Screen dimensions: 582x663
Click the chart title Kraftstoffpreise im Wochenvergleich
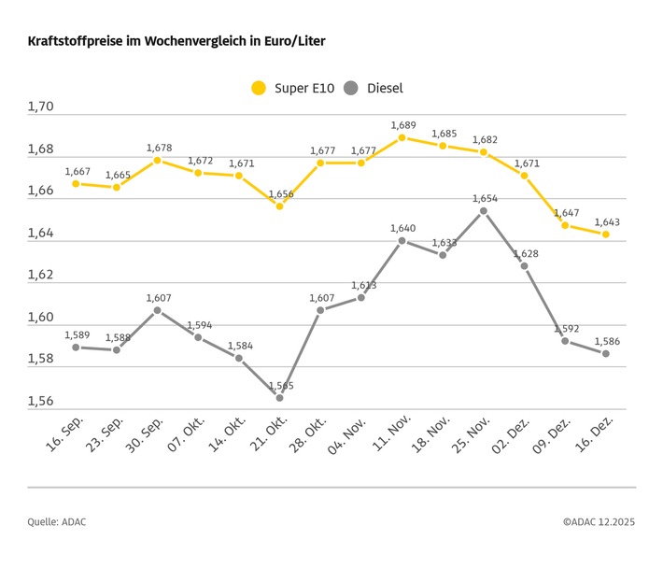point(176,42)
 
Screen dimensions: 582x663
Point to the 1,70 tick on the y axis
point(40,107)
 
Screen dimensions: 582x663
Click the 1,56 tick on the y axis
point(40,402)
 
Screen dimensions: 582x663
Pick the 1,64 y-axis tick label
point(40,234)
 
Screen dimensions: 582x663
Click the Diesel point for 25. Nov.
point(484,211)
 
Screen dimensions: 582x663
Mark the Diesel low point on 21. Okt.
point(279,398)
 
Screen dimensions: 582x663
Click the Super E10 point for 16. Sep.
point(76,184)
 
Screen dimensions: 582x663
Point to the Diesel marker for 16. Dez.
point(606,353)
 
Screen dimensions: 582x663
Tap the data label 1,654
point(484,198)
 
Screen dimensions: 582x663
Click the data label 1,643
point(606,222)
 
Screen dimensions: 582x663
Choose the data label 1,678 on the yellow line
point(158,148)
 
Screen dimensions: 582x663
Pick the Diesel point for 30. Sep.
point(157,310)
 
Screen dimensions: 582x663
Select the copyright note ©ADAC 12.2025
point(598,522)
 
